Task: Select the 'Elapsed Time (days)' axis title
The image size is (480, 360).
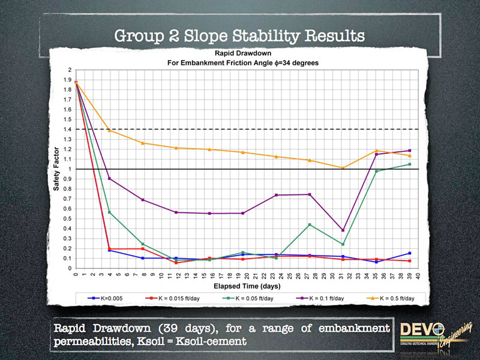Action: coord(246,286)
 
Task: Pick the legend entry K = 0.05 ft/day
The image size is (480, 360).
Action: coord(253,297)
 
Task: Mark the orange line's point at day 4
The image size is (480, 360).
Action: coord(109,130)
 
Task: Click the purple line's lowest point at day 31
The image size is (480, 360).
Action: coord(343,230)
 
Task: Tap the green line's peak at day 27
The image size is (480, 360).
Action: coord(309,224)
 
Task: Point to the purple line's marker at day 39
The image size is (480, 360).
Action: coord(410,151)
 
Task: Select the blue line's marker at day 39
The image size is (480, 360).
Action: coord(410,253)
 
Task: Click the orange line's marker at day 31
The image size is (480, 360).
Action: coord(343,168)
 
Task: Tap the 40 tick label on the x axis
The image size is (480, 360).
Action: coord(418,275)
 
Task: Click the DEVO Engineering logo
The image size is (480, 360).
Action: coord(432,337)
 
